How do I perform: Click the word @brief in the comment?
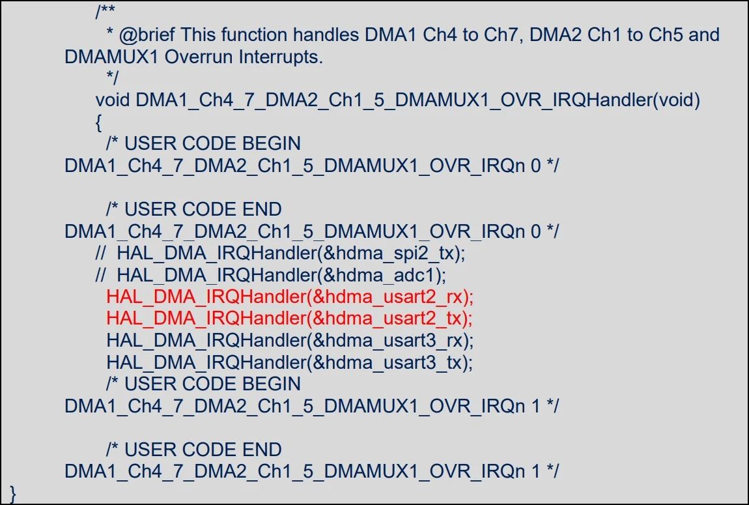[x=147, y=35]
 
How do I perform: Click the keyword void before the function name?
[x=113, y=100]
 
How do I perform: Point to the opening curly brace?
[x=99, y=123]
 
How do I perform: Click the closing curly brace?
[x=13, y=493]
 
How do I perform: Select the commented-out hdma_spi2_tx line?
[x=281, y=253]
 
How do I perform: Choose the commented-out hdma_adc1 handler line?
[x=271, y=275]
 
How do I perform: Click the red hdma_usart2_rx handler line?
[x=290, y=297]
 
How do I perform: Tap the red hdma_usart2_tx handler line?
[x=289, y=319]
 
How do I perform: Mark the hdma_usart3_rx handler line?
[x=290, y=341]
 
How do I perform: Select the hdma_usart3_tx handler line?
[x=289, y=363]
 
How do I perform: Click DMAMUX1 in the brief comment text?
[x=111, y=57]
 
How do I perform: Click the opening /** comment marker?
[x=105, y=12]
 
